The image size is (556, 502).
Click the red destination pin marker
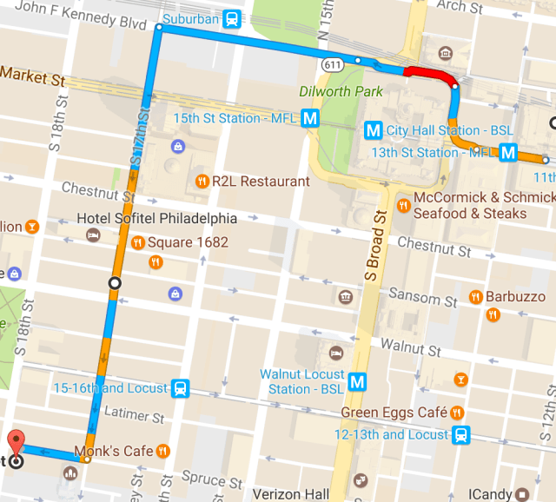[15, 440]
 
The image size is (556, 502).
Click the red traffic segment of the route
[429, 74]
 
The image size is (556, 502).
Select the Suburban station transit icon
[232, 17]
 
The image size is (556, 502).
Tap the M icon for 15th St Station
[310, 118]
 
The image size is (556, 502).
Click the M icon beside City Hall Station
[374, 131]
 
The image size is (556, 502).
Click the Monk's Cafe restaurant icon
[162, 451]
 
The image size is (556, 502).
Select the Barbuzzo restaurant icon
[475, 297]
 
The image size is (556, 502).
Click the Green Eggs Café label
[394, 412]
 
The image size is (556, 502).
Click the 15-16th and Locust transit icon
[180, 387]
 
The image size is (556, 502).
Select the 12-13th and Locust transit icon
[463, 434]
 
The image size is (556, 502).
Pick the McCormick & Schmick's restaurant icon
[403, 206]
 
